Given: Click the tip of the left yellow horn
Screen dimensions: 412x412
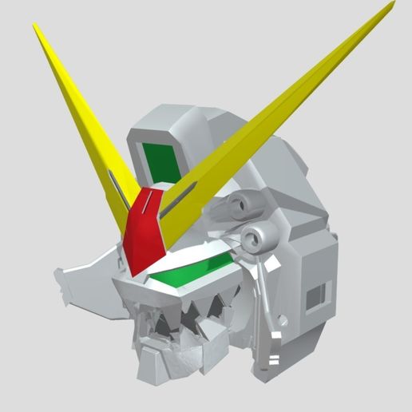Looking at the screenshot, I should (x=35, y=26).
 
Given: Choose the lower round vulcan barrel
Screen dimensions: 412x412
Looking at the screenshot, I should (x=258, y=236).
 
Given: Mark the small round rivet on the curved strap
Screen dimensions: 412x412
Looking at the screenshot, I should (x=279, y=321).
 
